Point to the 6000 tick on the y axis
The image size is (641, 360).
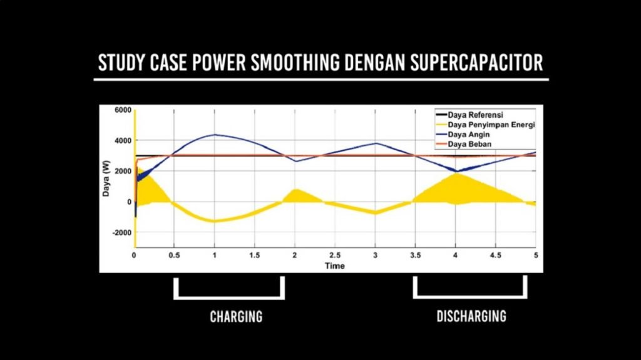[x=122, y=110]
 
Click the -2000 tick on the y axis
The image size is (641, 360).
[x=120, y=232]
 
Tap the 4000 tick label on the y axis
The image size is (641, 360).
[x=122, y=140]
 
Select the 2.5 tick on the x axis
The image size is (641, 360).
[x=335, y=255]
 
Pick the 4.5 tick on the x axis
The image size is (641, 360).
[x=495, y=255]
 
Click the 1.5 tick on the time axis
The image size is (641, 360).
[x=255, y=255]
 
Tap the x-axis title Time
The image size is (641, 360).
[x=334, y=265]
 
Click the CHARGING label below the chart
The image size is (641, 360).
[x=236, y=316]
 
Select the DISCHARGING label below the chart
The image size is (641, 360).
[x=471, y=316]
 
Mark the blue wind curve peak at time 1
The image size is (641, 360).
[x=215, y=135]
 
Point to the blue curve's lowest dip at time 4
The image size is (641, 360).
[x=456, y=171]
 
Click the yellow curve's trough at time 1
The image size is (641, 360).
[x=215, y=221]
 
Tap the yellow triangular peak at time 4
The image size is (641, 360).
[x=456, y=175]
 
